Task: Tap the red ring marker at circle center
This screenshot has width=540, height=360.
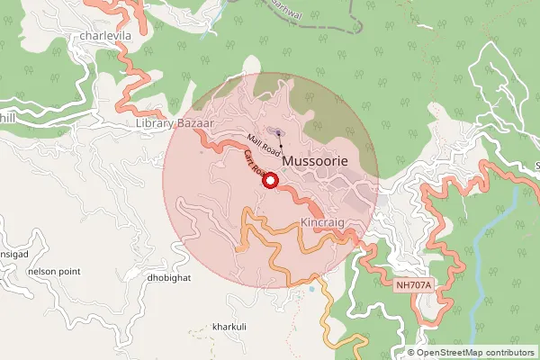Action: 270,181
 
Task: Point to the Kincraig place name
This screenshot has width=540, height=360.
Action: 323,221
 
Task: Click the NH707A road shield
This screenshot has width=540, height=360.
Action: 414,284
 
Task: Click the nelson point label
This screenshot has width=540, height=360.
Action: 54,270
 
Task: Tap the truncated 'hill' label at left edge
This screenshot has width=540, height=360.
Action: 7,117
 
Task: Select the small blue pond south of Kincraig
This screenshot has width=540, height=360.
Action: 310,289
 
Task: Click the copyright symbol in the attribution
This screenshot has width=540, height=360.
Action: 411,352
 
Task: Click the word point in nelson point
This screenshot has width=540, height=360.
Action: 68,270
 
